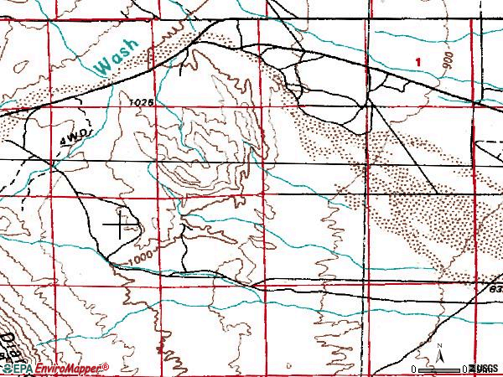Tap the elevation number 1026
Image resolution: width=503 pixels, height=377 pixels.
point(143,101)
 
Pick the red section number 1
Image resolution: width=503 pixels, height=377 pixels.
point(418,61)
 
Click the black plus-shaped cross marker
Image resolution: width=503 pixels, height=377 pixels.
point(121,225)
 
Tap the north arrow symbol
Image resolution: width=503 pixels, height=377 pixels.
point(438,355)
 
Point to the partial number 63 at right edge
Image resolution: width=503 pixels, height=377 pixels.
point(495,288)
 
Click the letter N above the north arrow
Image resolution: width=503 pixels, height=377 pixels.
point(438,345)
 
